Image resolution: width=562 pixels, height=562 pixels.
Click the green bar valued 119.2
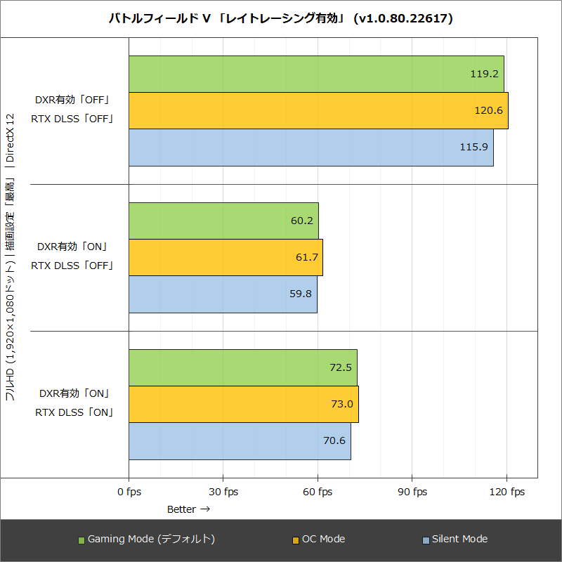316,74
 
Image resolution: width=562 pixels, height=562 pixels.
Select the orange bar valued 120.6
318,110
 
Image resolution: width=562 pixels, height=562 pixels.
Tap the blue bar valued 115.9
311,148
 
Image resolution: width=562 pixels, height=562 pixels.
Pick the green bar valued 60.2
223,221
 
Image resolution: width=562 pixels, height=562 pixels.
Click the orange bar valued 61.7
226,257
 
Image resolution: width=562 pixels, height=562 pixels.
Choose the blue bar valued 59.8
223,294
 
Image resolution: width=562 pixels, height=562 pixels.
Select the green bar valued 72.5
242,367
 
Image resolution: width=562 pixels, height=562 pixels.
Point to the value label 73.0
341,404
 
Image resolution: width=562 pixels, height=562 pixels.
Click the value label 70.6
334,440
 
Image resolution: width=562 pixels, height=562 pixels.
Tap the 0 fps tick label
129,492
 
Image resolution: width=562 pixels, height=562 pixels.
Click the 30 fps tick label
223,492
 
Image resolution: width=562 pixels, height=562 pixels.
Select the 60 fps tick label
317,492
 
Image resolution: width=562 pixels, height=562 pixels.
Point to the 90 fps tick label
412,492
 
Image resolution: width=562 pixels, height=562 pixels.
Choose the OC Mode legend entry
318,540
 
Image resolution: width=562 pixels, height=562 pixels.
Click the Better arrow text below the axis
188,509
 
